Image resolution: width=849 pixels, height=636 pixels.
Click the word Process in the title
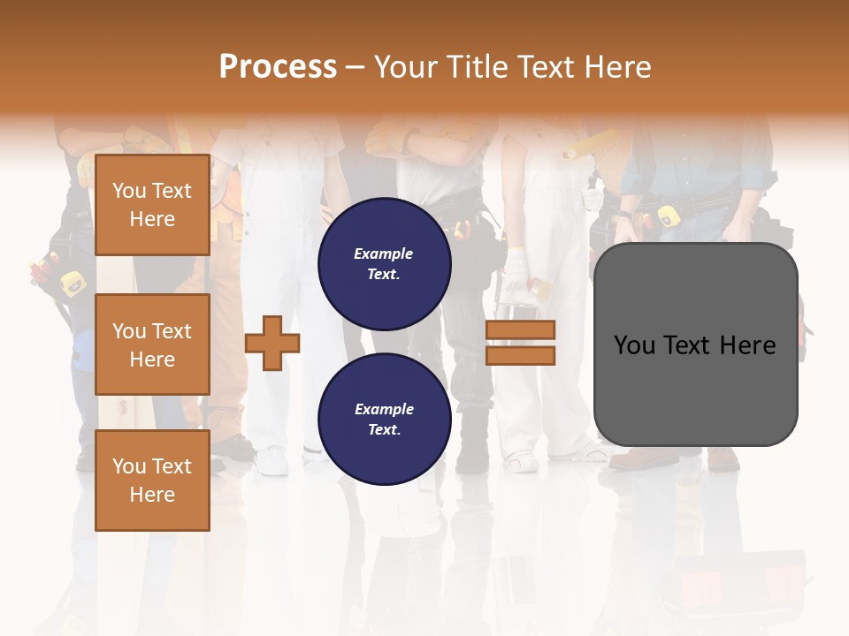point(278,67)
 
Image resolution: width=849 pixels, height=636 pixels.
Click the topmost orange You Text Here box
point(152,205)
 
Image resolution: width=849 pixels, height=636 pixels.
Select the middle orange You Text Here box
point(152,344)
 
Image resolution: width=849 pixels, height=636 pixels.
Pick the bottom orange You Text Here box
point(152,481)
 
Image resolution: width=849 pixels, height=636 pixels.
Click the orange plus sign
point(272,343)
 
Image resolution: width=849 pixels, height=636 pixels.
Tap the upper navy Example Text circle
point(385,263)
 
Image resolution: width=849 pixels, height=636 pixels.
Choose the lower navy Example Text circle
point(385,420)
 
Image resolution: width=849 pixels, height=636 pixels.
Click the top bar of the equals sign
point(520,329)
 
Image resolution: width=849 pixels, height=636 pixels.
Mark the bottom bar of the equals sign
point(520,356)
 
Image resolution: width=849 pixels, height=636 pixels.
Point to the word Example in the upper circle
point(384,254)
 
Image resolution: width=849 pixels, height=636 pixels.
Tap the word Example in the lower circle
point(384,409)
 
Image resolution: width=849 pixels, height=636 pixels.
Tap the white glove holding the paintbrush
point(516,265)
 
